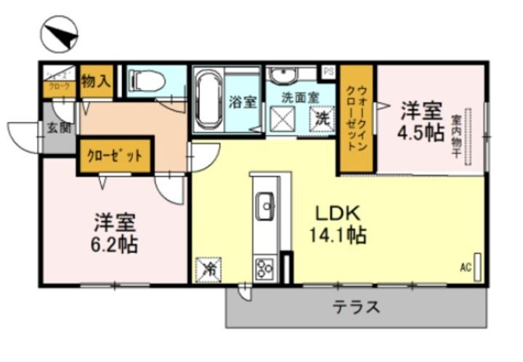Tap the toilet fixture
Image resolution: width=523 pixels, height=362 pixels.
147,81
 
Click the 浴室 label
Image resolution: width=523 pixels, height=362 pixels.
243,102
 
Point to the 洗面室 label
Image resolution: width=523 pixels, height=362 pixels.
299,95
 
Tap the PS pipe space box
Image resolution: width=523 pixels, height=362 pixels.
328,73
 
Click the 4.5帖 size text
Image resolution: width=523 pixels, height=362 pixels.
421,134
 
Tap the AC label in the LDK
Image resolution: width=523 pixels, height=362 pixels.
465,268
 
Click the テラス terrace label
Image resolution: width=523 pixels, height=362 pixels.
356,307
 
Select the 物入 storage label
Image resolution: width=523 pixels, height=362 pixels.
95,81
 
